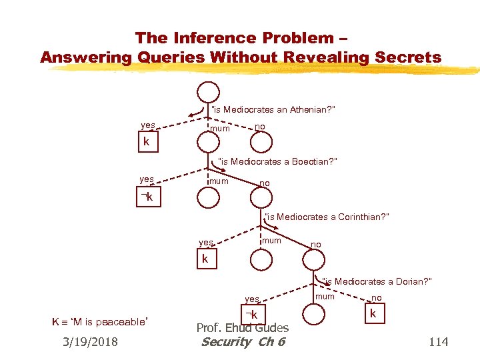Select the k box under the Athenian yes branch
pos(147,143)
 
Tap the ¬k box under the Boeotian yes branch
pos(147,197)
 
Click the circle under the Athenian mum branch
pos(207,142)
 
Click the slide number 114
pos(438,342)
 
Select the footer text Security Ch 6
pos(243,342)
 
